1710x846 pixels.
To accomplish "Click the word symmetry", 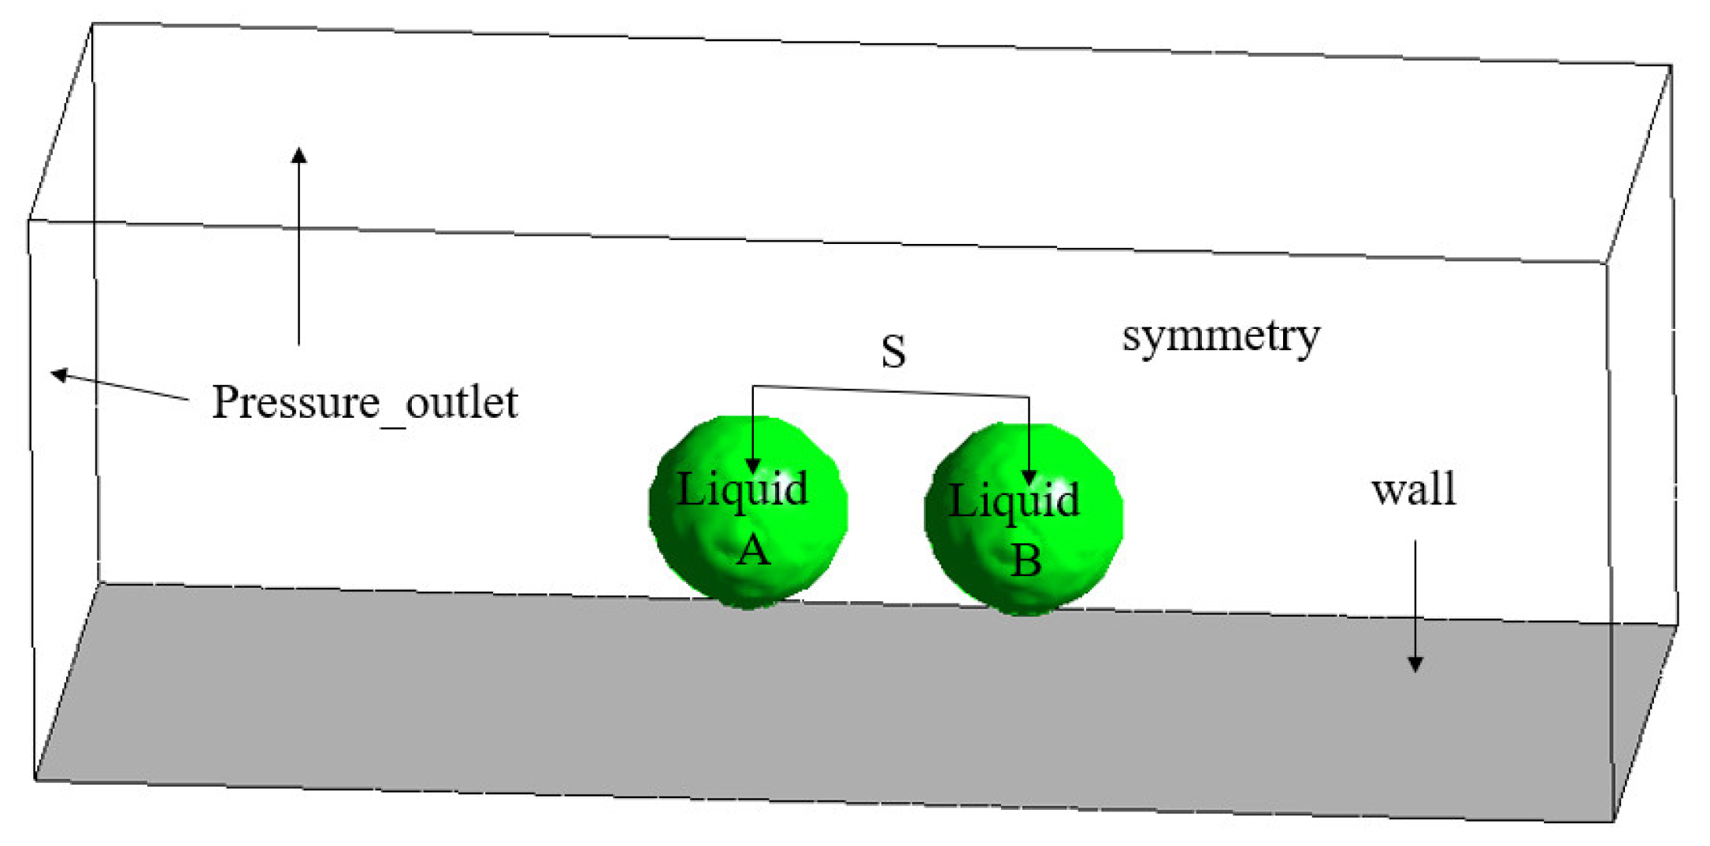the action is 1220,337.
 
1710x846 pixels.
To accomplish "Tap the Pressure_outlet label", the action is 365,403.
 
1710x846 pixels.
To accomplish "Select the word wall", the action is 1413,489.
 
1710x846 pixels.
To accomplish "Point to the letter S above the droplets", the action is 893,351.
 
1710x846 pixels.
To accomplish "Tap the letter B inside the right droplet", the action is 1026,560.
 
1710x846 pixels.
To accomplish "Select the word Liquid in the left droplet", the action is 742,489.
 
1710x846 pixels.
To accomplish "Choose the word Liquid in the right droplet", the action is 1013,501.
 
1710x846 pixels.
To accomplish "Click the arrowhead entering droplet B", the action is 1029,476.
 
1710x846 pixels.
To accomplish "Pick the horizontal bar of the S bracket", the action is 890,391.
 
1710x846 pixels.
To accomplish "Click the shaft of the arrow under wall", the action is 1415,598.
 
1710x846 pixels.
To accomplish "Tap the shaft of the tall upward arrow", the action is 299,252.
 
